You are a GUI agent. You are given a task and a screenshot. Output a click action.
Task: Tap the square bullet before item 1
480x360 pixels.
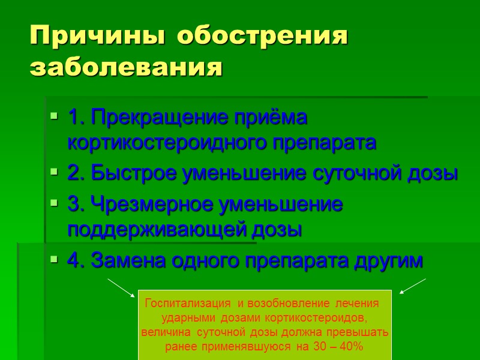(x=54, y=118)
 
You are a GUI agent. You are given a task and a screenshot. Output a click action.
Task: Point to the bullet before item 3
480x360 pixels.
(x=54, y=204)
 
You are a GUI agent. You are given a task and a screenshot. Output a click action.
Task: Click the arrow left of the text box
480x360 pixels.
(x=122, y=287)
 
